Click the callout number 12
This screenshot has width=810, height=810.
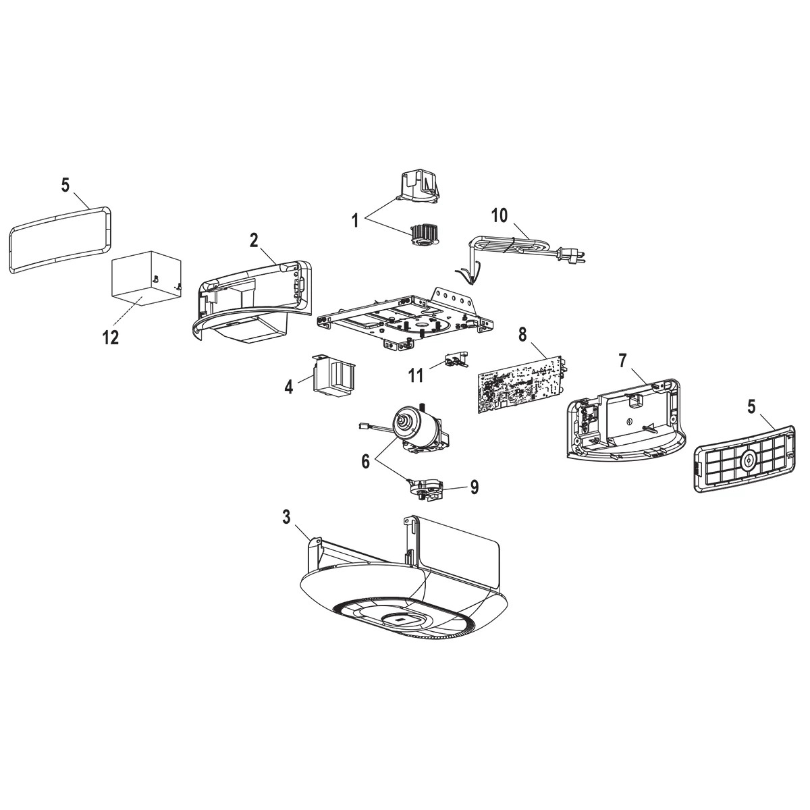point(110,337)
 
